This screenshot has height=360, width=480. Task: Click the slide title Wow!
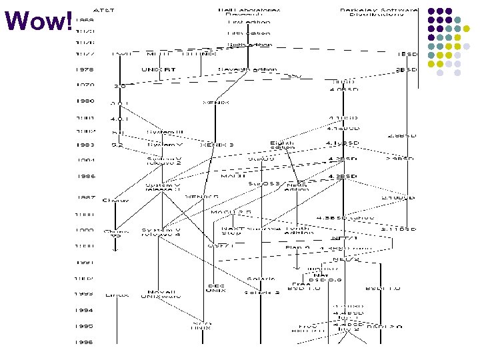[x=38, y=22]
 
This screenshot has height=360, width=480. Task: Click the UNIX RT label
[x=159, y=69]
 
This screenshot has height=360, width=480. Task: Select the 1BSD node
[x=406, y=53]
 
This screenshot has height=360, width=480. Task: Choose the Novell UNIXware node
[x=159, y=294]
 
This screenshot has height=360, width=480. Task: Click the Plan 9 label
[x=297, y=247]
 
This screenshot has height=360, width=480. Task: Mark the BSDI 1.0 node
[x=383, y=289]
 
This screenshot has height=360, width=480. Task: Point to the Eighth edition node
[x=281, y=145]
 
